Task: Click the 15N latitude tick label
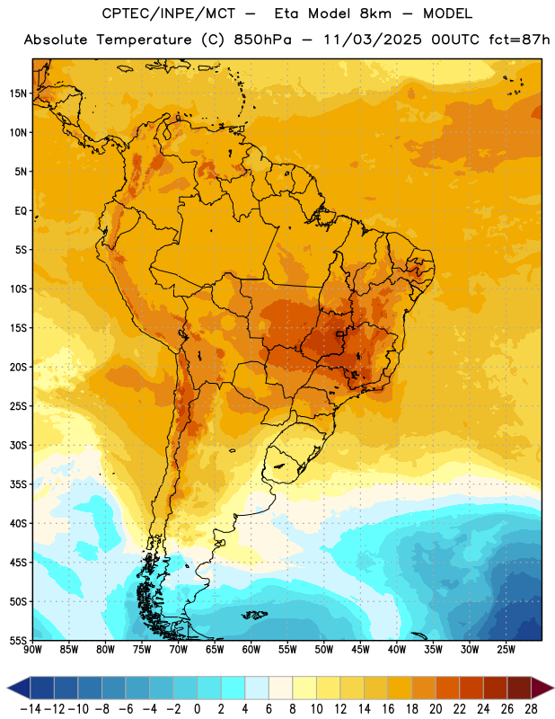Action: (x=18, y=93)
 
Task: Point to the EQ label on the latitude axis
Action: (x=21, y=211)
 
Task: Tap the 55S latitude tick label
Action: (x=18, y=640)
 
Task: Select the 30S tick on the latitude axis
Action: (x=18, y=445)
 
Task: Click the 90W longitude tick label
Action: (x=32, y=649)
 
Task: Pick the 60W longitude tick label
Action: (x=251, y=649)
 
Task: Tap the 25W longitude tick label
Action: (x=506, y=649)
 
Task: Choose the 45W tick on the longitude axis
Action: (x=360, y=649)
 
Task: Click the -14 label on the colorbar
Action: (x=31, y=709)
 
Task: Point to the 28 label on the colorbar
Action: (x=531, y=709)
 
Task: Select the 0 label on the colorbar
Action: (x=197, y=709)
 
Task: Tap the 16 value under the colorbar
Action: (x=388, y=709)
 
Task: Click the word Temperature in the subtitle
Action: (x=144, y=40)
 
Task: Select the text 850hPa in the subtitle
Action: (x=262, y=40)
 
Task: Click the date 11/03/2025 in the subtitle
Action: (x=372, y=40)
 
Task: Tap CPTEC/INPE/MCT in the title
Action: (x=169, y=13)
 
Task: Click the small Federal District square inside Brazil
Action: (x=339, y=333)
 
